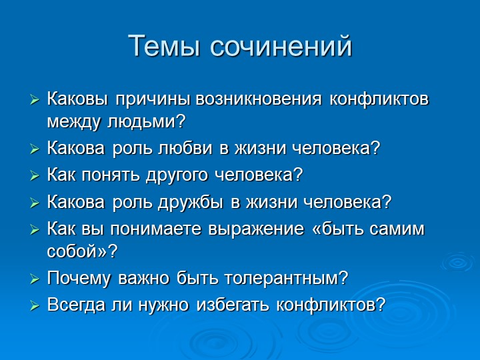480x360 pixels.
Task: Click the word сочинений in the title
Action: coord(281,46)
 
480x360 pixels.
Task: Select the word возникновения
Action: coord(259,99)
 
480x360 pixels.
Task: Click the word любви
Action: coord(185,148)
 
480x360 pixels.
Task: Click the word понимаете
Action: coord(156,229)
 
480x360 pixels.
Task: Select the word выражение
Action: coord(256,229)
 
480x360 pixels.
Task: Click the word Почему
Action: coord(79,279)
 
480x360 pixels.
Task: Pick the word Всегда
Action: coord(76,305)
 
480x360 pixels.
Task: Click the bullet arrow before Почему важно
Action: coord(35,279)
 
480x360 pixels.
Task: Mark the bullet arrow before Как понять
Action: coord(35,176)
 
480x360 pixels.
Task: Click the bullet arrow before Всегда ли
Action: coord(35,306)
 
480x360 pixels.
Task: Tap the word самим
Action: coord(397,229)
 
